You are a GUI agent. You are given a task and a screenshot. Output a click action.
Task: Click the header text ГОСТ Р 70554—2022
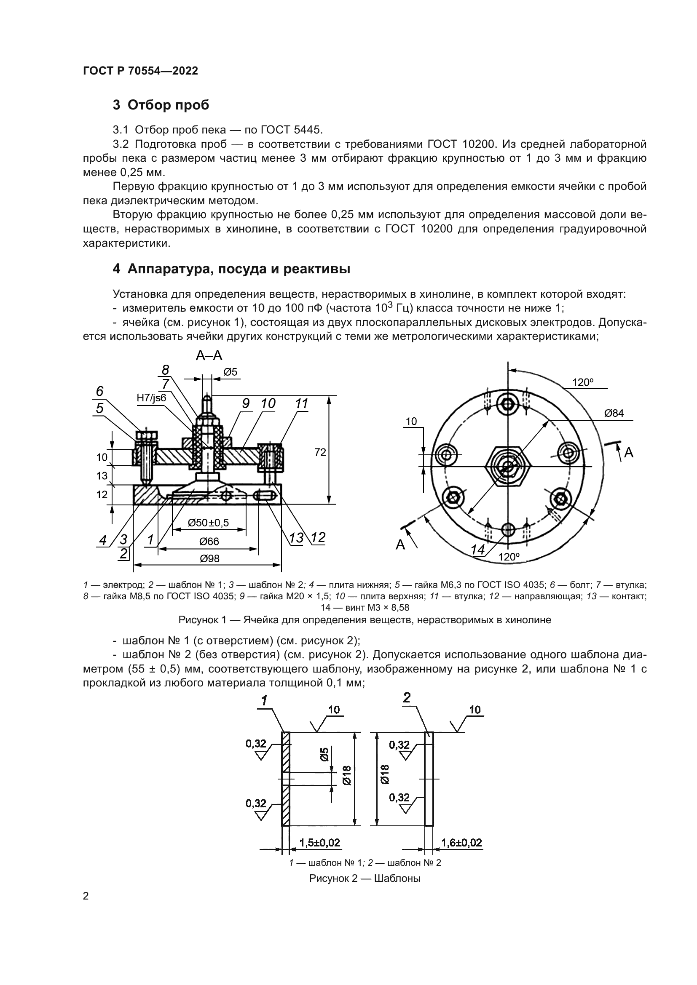tap(140, 71)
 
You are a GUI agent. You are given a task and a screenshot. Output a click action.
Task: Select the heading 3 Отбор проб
tap(161, 105)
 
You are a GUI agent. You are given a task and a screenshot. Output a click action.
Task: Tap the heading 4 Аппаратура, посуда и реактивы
tap(231, 269)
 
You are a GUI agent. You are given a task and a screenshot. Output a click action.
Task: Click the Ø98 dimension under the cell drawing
tap(209, 558)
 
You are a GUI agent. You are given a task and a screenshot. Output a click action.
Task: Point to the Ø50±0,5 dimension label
tap(209, 523)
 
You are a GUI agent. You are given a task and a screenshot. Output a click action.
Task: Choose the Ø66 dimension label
tap(209, 541)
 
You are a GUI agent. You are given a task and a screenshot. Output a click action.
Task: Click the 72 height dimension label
tap(320, 452)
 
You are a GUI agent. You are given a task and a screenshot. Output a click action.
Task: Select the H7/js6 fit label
tap(151, 398)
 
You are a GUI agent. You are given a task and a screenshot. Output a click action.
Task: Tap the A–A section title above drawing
tap(209, 355)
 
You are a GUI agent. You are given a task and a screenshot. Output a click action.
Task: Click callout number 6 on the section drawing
tap(99, 391)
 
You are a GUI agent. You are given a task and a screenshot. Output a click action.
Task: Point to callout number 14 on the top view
tap(477, 550)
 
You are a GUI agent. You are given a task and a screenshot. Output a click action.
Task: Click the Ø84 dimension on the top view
tap(614, 414)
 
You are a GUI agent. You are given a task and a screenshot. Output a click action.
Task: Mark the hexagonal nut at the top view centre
tap(508, 465)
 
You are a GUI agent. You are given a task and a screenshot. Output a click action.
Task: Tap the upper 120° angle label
tap(583, 382)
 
